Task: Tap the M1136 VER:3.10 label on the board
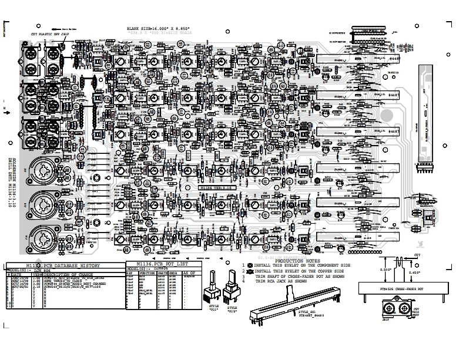pos(217,187)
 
